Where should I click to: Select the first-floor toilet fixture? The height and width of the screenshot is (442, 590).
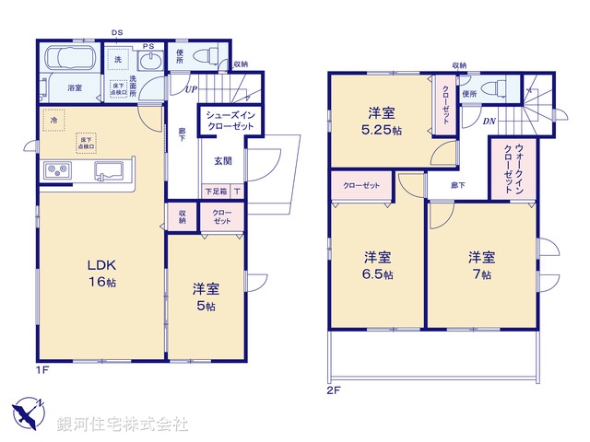point(205,55)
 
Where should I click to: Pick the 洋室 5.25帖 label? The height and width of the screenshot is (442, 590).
point(383,122)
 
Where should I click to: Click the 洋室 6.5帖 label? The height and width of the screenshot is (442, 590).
point(376,264)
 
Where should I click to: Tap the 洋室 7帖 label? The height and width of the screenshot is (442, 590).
point(479,264)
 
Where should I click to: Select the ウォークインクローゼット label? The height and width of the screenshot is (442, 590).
point(506,167)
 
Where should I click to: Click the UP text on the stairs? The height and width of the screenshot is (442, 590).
point(192,90)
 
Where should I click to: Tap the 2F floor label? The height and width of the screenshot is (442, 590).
point(334,390)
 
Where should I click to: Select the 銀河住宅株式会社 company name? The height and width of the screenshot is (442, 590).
point(123,424)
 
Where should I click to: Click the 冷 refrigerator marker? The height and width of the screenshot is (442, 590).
point(54,120)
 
